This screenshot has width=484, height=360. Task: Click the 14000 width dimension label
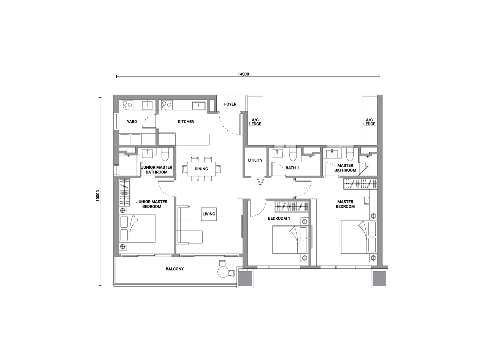coord(243,74)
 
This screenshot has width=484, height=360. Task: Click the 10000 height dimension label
coord(98,196)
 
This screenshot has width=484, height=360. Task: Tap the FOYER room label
coord(230,104)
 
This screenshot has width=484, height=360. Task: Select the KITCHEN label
coord(186,122)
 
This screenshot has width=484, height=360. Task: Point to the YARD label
coord(132,122)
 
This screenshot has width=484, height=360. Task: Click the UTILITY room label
coord(255,160)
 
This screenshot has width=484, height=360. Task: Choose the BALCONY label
coord(175,269)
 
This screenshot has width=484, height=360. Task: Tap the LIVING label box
coord(209,214)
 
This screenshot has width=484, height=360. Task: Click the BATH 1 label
coord(292,168)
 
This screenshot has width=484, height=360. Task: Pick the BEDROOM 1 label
coord(279,218)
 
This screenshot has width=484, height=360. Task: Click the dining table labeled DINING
coord(201,169)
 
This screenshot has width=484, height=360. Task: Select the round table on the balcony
coord(223,272)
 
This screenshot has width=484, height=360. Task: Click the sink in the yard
coord(148,105)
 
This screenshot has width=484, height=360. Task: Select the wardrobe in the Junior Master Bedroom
coord(124,192)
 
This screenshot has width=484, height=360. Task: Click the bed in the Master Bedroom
coord(359,237)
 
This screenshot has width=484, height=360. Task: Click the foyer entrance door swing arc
coord(228,127)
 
